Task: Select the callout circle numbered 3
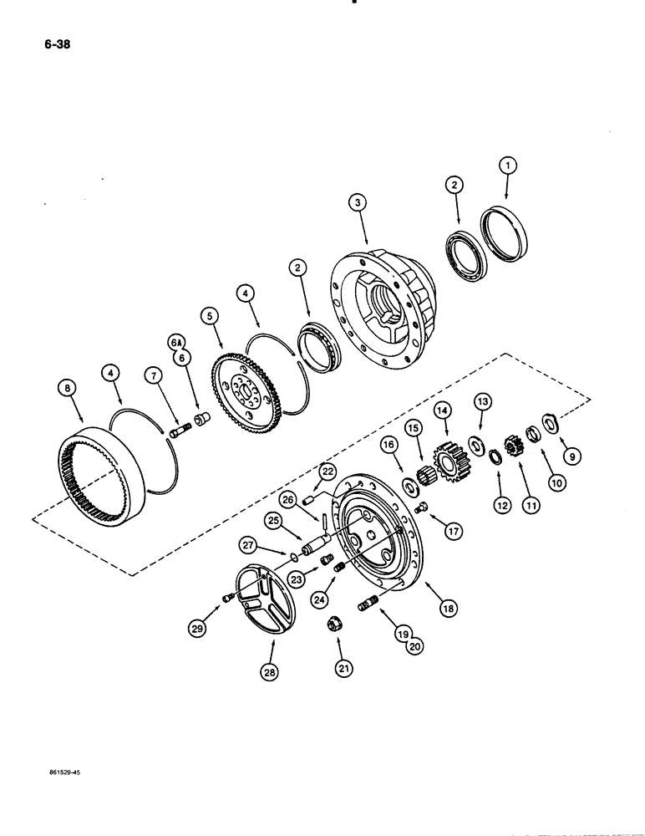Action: tap(357, 201)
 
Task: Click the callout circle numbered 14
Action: tap(442, 410)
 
